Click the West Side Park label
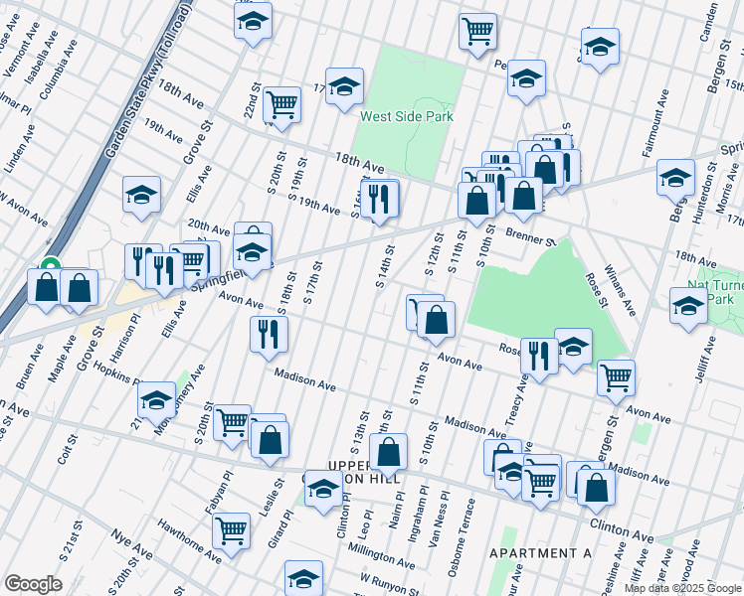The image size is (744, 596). coord(406,116)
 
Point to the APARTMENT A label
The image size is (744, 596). coord(540,552)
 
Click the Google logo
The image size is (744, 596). coord(33,584)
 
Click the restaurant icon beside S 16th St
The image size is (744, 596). coord(380,199)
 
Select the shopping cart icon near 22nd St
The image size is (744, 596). coord(282,104)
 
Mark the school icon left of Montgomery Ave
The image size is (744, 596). coord(156,400)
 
